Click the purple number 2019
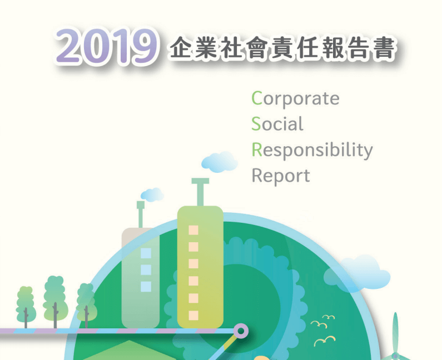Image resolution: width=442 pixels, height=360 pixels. click(106, 46)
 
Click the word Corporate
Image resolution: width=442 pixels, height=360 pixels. click(295, 98)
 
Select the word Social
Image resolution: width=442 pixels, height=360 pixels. click(277, 124)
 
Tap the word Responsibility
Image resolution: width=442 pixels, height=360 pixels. click(312, 150)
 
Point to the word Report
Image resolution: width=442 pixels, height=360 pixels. click(281, 176)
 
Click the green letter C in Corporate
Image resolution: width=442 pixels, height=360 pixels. click(257, 98)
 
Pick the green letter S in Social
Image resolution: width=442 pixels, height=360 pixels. click(256, 124)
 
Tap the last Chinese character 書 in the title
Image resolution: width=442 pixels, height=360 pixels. click(384, 48)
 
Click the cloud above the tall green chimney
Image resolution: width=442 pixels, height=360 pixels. click(220, 162)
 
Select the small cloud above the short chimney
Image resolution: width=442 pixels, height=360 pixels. click(152, 194)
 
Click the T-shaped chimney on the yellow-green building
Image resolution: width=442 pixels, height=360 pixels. click(200, 192)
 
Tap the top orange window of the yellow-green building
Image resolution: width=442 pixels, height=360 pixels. click(193, 230)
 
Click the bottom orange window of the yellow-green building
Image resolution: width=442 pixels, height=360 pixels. click(193, 315)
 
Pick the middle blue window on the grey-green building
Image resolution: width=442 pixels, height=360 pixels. click(146, 270)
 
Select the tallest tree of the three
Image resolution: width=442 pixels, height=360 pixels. click(55, 302)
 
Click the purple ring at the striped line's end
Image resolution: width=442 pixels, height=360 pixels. click(241, 331)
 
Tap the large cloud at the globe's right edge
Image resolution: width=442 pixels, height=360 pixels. click(357, 273)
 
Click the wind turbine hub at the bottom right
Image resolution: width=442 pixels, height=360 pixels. click(395, 356)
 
